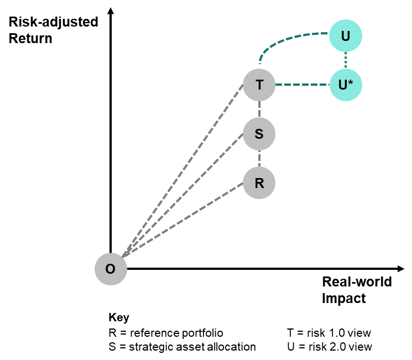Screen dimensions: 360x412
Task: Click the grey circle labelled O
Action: coord(111,269)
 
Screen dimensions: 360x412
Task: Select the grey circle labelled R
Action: coord(259,183)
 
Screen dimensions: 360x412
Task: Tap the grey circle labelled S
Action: coord(259,134)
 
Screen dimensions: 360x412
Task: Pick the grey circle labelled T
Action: coord(259,85)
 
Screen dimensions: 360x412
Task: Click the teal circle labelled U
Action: coord(346,36)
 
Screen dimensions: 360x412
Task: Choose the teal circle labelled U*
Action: coord(346,85)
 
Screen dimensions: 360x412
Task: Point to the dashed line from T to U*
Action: coord(302,85)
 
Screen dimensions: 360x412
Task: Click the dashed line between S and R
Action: coord(259,159)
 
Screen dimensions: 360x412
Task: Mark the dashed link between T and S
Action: coord(259,109)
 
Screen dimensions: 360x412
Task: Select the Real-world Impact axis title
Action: coord(357,290)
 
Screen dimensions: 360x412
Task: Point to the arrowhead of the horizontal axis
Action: coord(401,269)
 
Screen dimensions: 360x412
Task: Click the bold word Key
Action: coord(119,318)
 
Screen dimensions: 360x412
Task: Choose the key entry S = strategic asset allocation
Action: coord(182,347)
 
